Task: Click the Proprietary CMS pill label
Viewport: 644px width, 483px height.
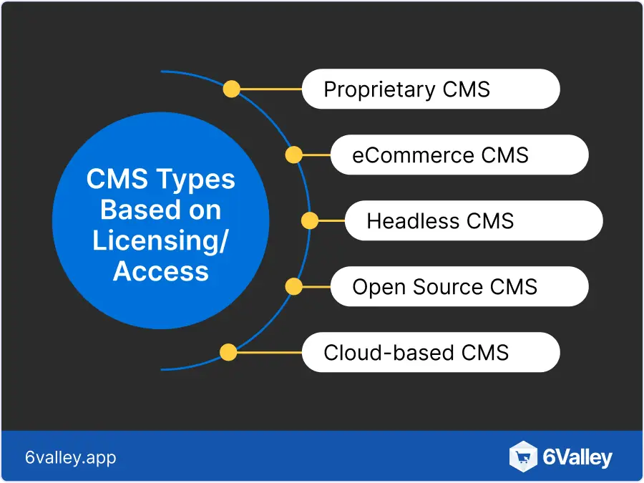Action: click(x=430, y=89)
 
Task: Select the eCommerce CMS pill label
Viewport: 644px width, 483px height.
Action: click(x=459, y=155)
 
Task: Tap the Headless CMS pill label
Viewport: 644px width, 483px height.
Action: click(x=473, y=220)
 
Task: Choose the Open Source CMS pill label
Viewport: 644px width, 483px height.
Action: click(x=459, y=287)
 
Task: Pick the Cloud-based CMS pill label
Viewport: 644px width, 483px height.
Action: click(x=430, y=352)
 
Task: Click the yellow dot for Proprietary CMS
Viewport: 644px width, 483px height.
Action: click(x=231, y=89)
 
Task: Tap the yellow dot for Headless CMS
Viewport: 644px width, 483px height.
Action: click(x=309, y=220)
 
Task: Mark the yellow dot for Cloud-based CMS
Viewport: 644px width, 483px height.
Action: click(x=228, y=352)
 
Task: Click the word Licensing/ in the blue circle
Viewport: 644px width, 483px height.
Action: click(x=160, y=240)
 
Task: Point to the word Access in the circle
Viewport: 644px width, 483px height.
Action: click(x=161, y=271)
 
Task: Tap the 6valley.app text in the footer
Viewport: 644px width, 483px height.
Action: click(x=70, y=457)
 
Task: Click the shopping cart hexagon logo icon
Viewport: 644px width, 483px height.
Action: click(x=523, y=457)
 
